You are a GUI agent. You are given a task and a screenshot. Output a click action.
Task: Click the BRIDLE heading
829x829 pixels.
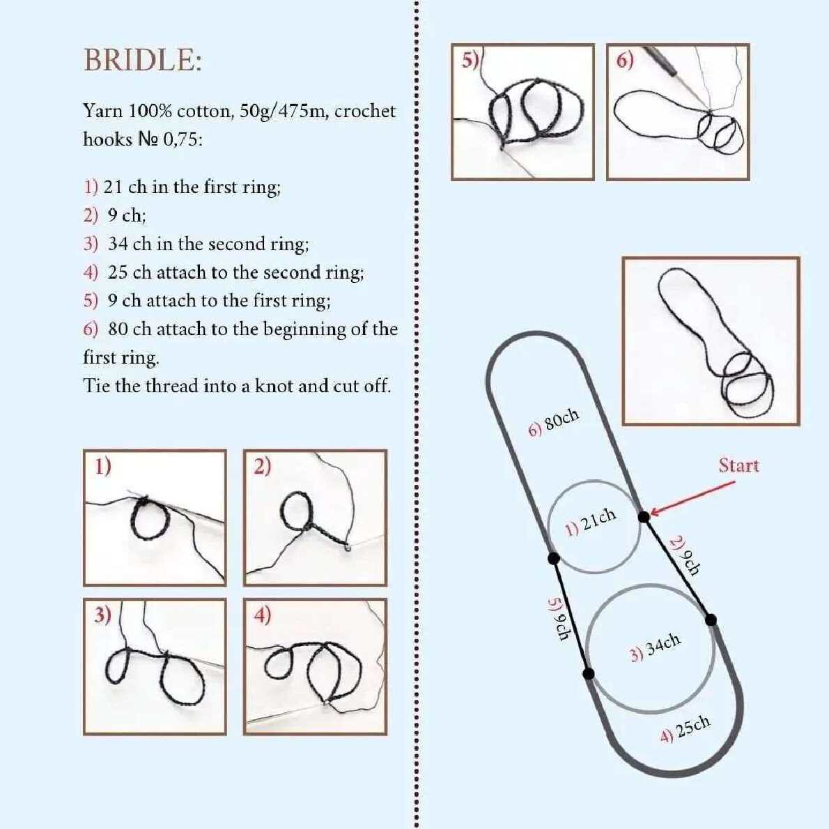coord(143,59)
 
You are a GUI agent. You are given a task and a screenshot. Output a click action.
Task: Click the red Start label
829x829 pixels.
coord(738,465)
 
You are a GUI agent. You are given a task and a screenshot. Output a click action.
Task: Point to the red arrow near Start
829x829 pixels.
coord(692,497)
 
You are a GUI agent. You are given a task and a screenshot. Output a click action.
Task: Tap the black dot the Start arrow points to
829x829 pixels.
coord(644,516)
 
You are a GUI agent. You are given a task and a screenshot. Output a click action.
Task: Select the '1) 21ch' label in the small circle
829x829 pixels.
coord(591,522)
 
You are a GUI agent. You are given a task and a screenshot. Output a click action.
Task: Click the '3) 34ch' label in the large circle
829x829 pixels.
coord(655,647)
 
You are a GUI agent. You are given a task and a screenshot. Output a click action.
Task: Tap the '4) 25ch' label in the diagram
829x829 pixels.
coord(685,729)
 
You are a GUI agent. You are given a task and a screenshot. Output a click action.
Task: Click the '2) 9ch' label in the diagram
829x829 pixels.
coord(685,555)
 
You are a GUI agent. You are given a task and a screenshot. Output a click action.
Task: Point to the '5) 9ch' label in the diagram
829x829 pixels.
coord(558,619)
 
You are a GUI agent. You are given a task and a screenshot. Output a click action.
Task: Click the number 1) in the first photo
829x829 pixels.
coord(103,466)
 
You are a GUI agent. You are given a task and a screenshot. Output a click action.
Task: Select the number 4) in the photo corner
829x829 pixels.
coord(263,615)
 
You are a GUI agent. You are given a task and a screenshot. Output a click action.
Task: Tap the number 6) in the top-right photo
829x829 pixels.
coord(625,61)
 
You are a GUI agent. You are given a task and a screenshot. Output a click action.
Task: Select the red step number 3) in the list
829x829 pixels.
coord(91,244)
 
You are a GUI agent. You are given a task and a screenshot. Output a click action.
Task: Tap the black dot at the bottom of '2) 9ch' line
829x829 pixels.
coord(711,619)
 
